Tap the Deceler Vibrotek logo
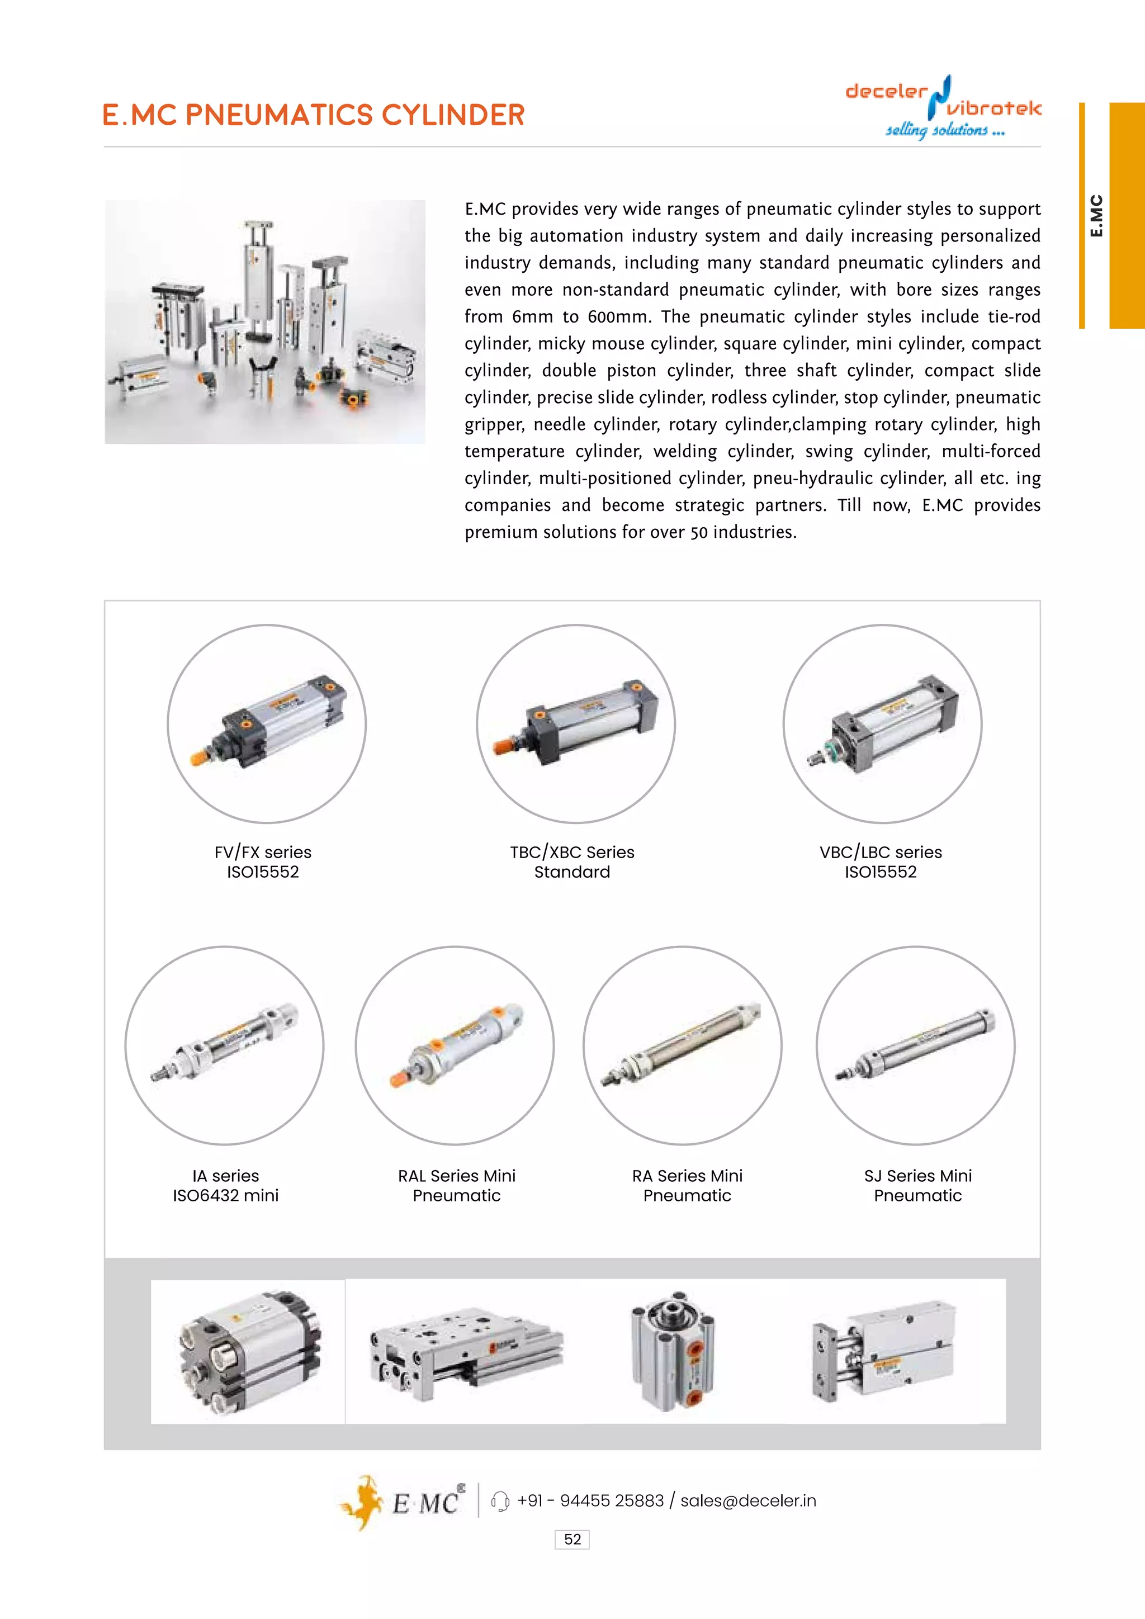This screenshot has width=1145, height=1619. pyautogui.click(x=943, y=107)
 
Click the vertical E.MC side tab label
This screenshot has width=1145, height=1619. pyautogui.click(x=1096, y=216)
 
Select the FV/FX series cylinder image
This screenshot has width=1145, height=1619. pyautogui.click(x=267, y=723)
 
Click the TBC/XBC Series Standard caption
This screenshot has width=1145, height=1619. pyautogui.click(x=572, y=861)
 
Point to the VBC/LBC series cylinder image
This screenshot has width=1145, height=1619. pyautogui.click(x=882, y=723)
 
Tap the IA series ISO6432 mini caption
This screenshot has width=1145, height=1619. pyautogui.click(x=226, y=1185)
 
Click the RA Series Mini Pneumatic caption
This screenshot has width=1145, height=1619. pyautogui.click(x=687, y=1185)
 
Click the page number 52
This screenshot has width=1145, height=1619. pyautogui.click(x=572, y=1539)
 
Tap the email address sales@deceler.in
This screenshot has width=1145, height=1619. pyautogui.click(x=747, y=1500)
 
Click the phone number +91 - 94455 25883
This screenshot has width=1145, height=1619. pyautogui.click(x=590, y=1500)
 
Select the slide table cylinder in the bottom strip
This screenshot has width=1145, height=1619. pyautogui.click(x=465, y=1355)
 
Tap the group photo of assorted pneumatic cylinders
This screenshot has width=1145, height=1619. pyautogui.click(x=265, y=321)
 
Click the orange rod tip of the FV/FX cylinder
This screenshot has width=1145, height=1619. pyautogui.click(x=200, y=758)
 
